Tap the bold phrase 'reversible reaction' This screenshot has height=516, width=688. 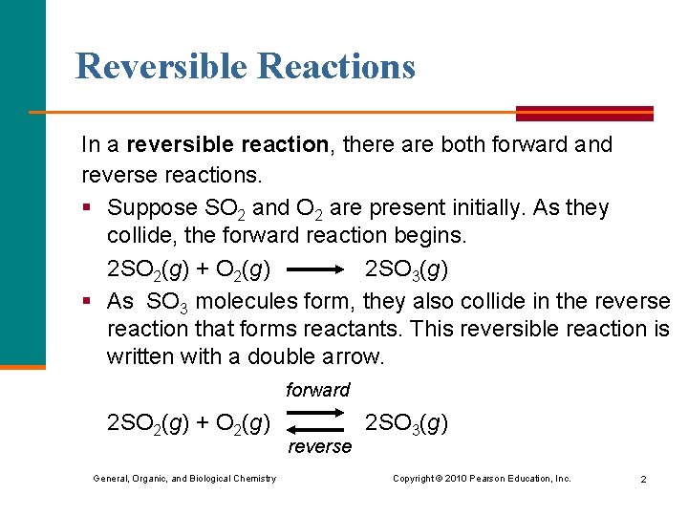tap(227, 145)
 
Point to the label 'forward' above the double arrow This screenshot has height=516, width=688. tap(317, 390)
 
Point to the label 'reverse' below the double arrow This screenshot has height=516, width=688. tap(319, 446)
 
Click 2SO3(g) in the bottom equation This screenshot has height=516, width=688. tap(406, 422)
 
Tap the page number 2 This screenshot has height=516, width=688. tap(643, 479)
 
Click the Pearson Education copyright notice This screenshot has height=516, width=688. tap(482, 478)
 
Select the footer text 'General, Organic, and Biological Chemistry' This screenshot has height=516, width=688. tap(184, 478)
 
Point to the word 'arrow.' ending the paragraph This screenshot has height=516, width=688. tap(355, 357)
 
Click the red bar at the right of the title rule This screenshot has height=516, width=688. tap(584, 113)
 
